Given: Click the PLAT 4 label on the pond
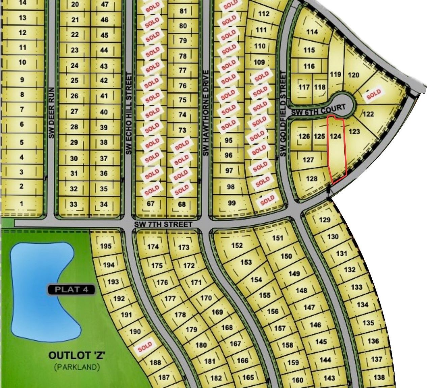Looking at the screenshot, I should pos(72,290).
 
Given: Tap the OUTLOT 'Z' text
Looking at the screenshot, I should pos(77,356).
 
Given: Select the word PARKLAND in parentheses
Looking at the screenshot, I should pos(77,367).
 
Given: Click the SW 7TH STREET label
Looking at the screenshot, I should pos(163,224).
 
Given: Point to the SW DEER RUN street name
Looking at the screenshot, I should pos(51,113).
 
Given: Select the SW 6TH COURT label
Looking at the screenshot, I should pos(318,110).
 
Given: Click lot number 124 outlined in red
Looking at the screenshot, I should pos(336,136).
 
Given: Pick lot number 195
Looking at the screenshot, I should pos(106,246).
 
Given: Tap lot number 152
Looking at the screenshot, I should pos(237,245).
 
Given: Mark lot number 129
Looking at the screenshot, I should pos(324,220).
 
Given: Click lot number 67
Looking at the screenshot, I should pos(151,204).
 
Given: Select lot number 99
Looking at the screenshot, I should pos(232,203).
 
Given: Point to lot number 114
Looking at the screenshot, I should pos(312,32).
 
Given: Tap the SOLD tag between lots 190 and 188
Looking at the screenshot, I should pos(145,347).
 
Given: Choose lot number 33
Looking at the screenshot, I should pos(73,204).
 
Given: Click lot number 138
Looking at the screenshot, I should pos(379,378).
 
